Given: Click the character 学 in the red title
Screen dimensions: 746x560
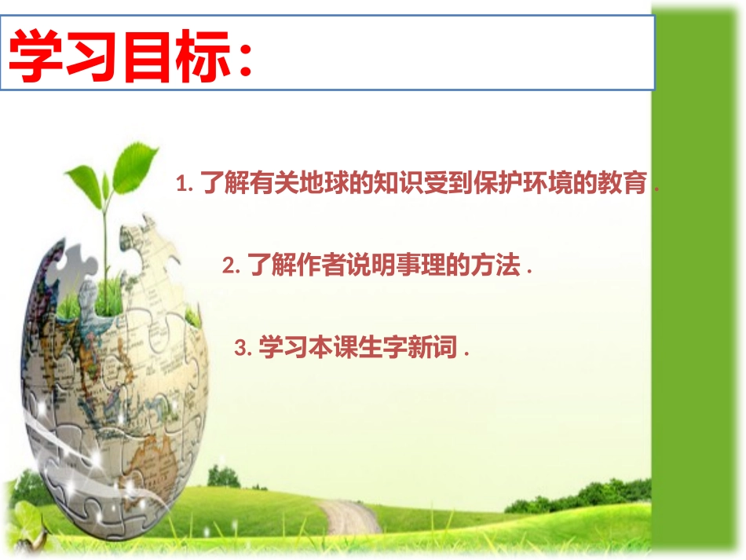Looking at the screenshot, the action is [x=35, y=56].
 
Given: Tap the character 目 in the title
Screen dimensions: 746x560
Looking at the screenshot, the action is [x=146, y=56].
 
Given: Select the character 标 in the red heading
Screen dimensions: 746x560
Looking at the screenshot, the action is [x=203, y=56].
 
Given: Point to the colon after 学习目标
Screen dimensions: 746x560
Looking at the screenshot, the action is [x=246, y=60].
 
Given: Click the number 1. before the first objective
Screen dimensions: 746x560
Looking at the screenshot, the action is [x=185, y=184].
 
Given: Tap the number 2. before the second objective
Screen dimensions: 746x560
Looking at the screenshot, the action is [x=231, y=265].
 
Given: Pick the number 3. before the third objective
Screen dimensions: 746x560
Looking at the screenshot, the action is [x=243, y=348].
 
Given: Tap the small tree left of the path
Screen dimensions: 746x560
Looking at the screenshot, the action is [x=224, y=476].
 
